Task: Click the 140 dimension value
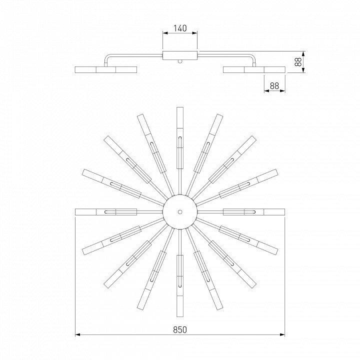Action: [180, 28]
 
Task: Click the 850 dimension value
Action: [180, 329]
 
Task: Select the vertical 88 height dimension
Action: [298, 62]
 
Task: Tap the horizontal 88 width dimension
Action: [274, 86]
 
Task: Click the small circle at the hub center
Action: [180, 211]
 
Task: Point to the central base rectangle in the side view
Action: [180, 56]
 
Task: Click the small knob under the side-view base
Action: [180, 61]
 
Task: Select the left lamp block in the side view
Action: [106, 70]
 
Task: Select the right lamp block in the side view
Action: [254, 70]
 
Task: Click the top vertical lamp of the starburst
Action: [180, 138]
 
